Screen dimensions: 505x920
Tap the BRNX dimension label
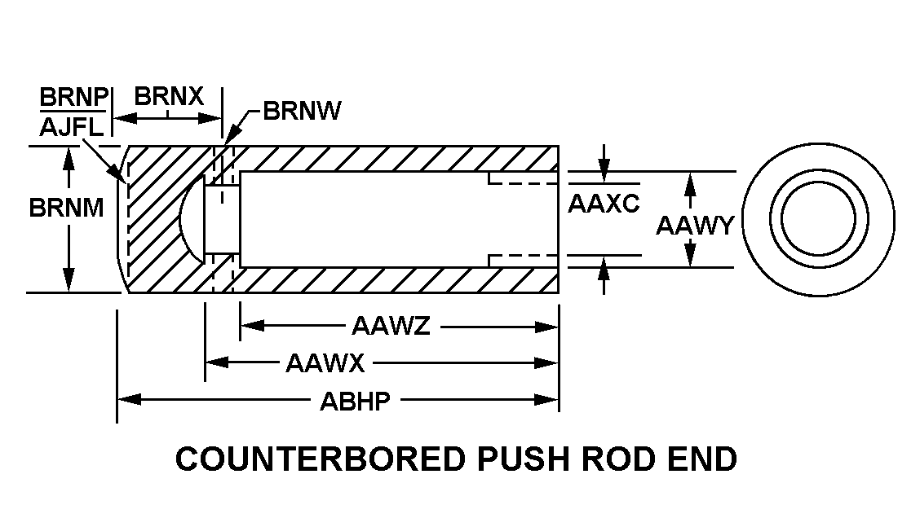(169, 96)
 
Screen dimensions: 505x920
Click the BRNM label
(67, 208)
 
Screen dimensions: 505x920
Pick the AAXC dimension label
(604, 204)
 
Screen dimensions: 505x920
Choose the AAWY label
(695, 225)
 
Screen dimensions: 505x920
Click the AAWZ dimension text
(391, 327)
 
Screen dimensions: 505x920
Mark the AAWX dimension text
(325, 363)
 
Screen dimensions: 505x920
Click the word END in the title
(701, 459)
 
